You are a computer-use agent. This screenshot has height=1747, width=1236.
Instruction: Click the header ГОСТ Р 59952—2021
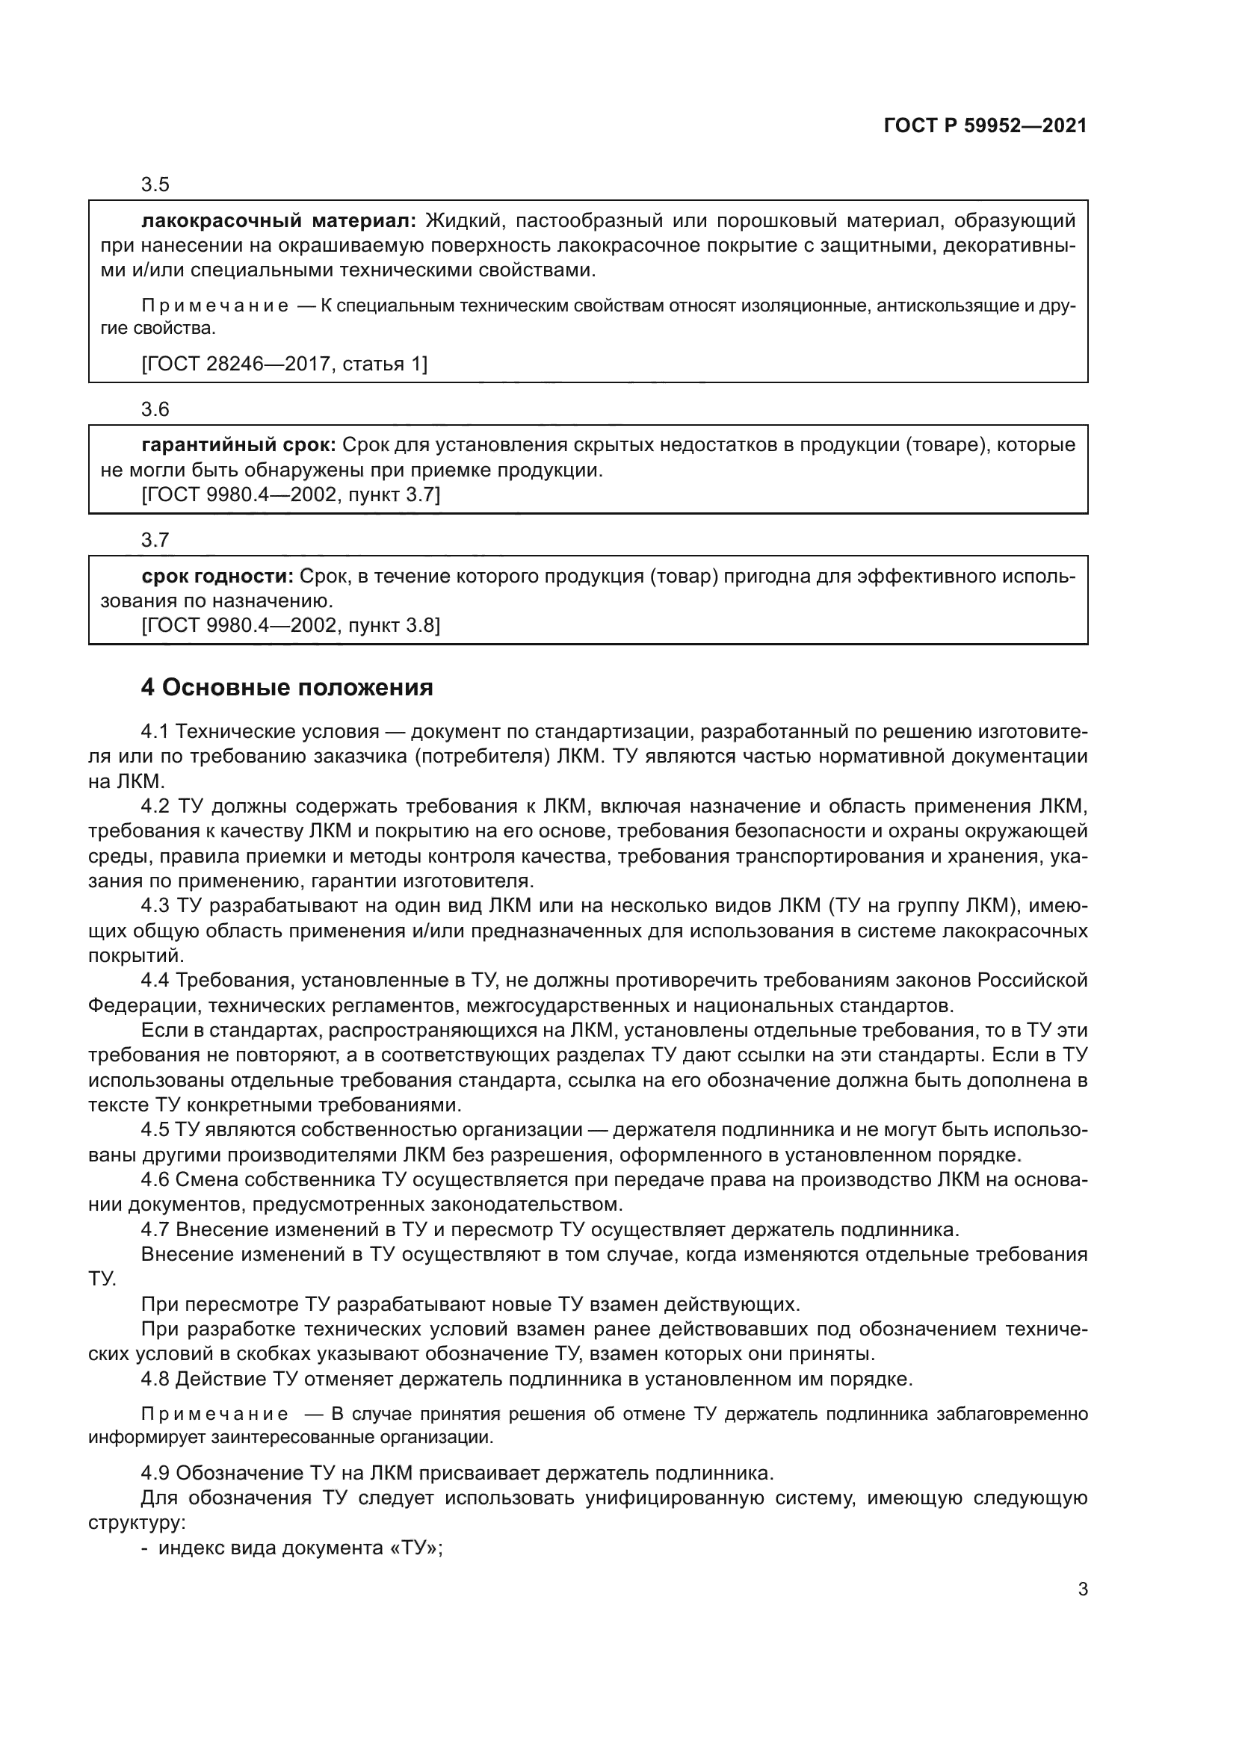[x=985, y=125]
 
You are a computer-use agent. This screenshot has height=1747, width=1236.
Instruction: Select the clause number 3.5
[x=155, y=185]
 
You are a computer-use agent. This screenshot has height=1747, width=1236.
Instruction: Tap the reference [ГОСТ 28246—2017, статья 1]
[x=285, y=364]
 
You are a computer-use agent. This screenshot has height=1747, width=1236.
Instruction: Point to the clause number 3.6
[x=155, y=409]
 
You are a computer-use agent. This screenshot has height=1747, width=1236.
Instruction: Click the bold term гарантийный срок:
[x=239, y=445]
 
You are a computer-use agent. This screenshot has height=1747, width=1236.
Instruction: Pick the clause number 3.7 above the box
[x=155, y=540]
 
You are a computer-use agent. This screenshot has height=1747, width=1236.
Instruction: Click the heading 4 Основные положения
[x=287, y=688]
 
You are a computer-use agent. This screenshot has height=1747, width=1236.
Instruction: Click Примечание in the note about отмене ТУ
[x=215, y=1415]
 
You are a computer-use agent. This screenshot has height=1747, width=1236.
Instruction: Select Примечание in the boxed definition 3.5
[x=215, y=306]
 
